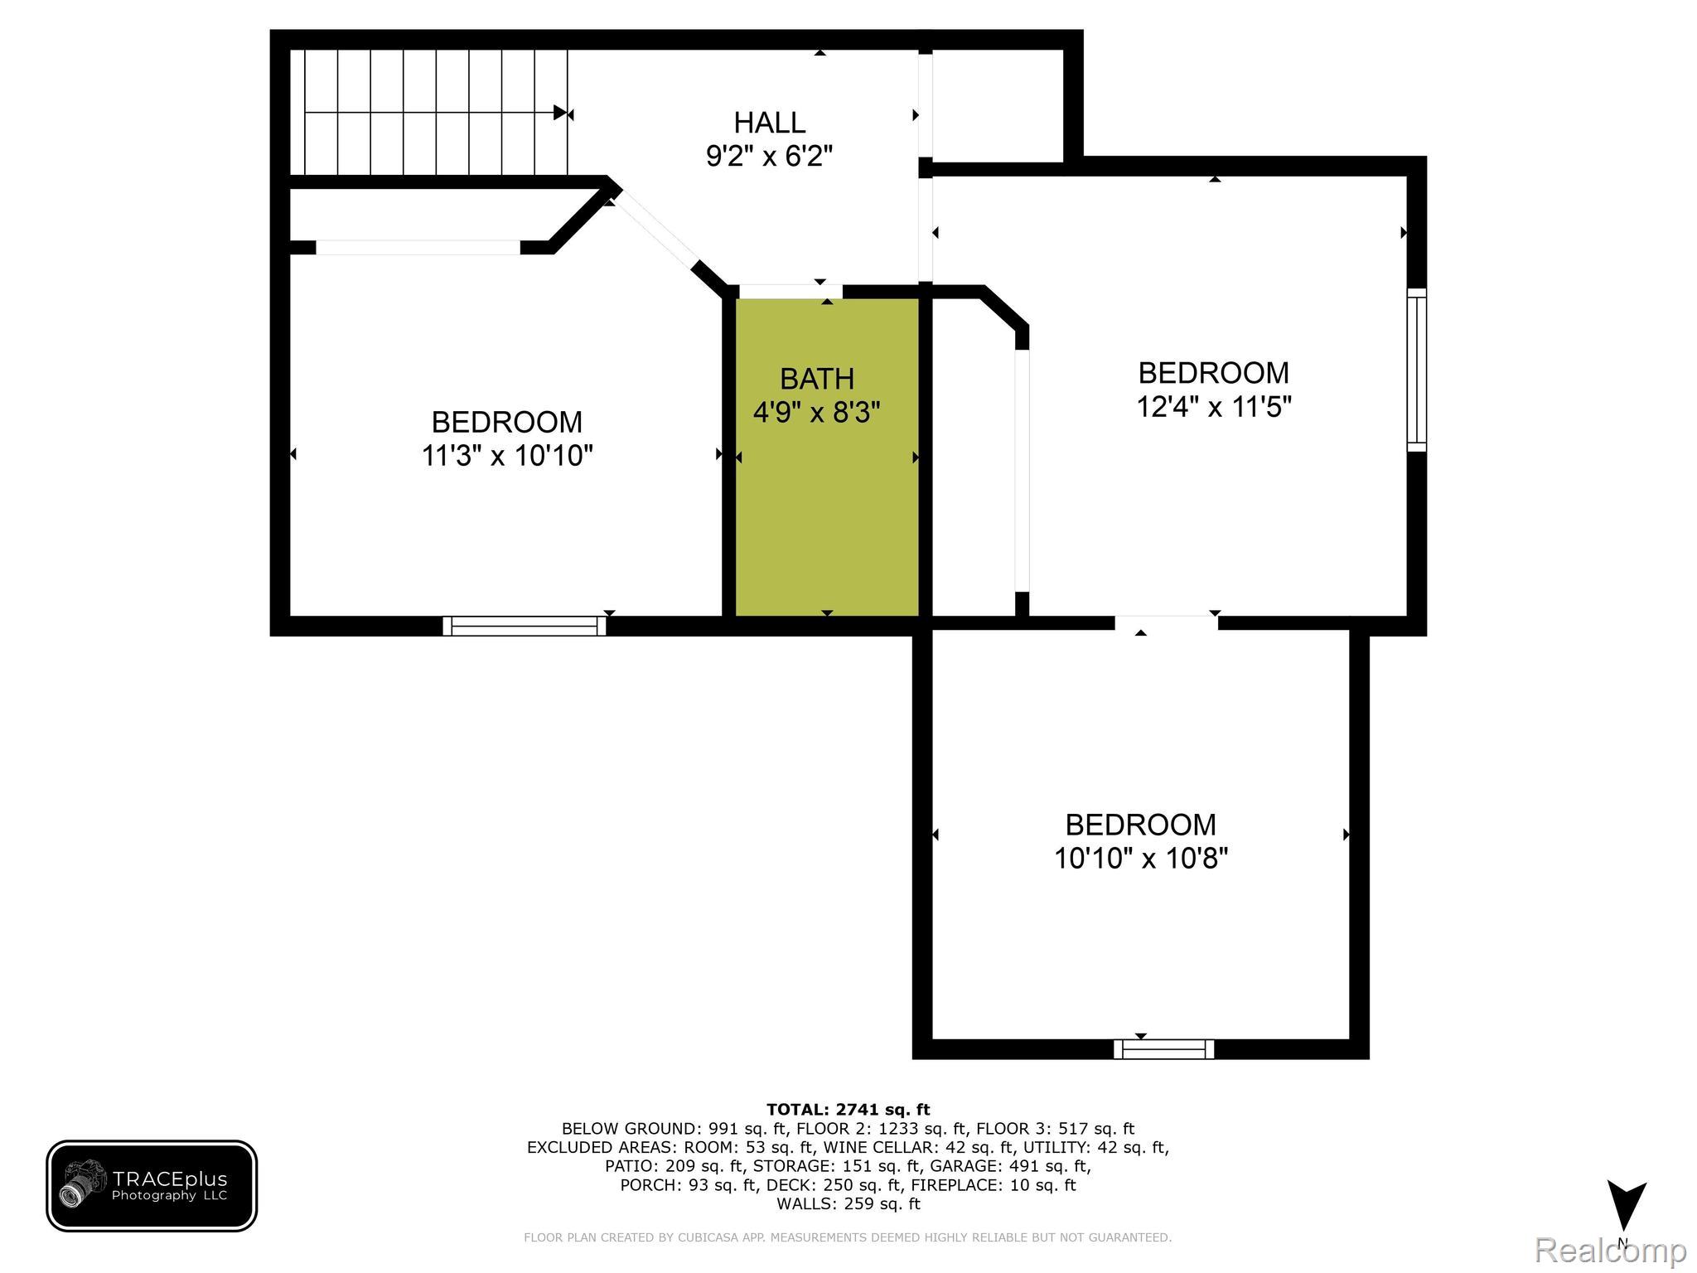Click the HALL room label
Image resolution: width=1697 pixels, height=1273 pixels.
(x=769, y=123)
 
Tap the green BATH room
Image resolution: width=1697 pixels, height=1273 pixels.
(x=826, y=514)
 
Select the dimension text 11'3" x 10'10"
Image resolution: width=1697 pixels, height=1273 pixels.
(x=507, y=456)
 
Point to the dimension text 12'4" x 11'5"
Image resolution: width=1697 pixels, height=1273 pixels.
(x=1214, y=407)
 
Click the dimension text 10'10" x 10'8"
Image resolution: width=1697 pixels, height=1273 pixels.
(x=1140, y=858)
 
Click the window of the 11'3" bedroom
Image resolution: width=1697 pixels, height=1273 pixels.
(x=525, y=626)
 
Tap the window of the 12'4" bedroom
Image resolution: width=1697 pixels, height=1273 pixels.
(x=1417, y=370)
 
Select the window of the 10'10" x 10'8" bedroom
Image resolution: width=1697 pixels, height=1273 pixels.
(x=1163, y=1049)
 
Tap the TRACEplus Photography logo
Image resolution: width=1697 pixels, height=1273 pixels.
(x=152, y=1185)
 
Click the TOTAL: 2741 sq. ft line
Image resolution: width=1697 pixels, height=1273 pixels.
(x=848, y=1110)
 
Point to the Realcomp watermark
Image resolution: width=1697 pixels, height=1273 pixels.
(x=1610, y=1250)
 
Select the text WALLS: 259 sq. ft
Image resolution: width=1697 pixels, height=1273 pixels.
(x=848, y=1203)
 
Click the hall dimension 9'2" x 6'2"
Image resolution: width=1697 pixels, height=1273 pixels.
(x=769, y=156)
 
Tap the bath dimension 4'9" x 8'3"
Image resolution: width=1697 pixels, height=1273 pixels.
(x=816, y=412)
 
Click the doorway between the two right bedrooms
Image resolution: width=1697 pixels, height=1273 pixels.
(x=1166, y=622)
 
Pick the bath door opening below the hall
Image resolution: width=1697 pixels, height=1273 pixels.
(x=790, y=291)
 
